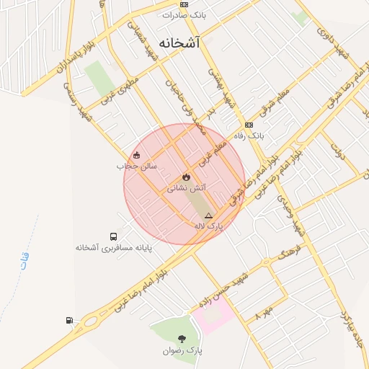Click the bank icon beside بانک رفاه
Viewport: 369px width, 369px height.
pyautogui.click(x=249, y=124)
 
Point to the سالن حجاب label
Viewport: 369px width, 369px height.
pyautogui.click(x=136, y=166)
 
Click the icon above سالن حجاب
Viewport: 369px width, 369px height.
pyautogui.click(x=136, y=155)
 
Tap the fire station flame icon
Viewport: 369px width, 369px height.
pyautogui.click(x=186, y=177)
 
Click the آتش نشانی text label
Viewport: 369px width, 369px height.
pyautogui.click(x=187, y=187)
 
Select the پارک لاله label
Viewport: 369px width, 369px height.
pyautogui.click(x=209, y=226)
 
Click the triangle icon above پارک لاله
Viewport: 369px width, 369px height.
pyautogui.click(x=209, y=215)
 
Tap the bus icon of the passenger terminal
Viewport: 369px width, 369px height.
pyautogui.click(x=113, y=236)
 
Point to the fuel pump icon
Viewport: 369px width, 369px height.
pyautogui.click(x=68, y=320)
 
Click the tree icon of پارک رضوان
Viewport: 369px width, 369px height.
pyautogui.click(x=181, y=339)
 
